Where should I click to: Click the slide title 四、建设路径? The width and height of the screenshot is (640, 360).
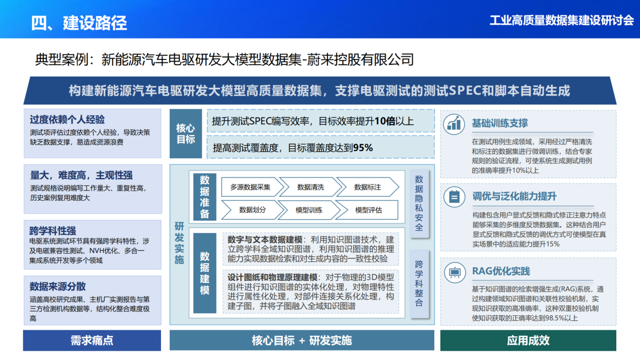pos(79,22)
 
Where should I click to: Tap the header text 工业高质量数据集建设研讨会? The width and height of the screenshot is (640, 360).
pos(562,21)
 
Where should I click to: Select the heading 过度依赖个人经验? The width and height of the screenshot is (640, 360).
pos(67,120)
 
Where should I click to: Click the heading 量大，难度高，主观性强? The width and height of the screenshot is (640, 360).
pos(81,175)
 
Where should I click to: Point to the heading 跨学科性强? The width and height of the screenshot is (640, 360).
pos(53,230)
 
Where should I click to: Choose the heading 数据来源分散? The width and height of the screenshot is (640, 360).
pos(58,286)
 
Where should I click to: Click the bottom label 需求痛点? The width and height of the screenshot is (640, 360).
pos(92,340)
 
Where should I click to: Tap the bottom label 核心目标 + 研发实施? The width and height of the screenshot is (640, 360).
pos(302,340)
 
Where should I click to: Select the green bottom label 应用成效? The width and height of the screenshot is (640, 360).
pos(528,340)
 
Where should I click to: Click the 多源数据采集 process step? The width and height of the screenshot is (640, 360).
pos(250,187)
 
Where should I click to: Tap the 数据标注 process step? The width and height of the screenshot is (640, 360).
pos(368,187)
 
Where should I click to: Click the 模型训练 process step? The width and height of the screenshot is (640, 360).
pos(309,209)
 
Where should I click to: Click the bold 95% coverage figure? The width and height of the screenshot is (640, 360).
pos(363,147)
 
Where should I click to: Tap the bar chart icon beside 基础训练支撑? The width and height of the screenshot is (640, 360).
pos(454,123)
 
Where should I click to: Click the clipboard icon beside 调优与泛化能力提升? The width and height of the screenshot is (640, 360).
pos(454,196)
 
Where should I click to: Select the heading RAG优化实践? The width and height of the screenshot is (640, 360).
pos(501,271)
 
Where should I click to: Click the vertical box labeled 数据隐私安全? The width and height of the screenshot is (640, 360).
pos(419,203)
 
